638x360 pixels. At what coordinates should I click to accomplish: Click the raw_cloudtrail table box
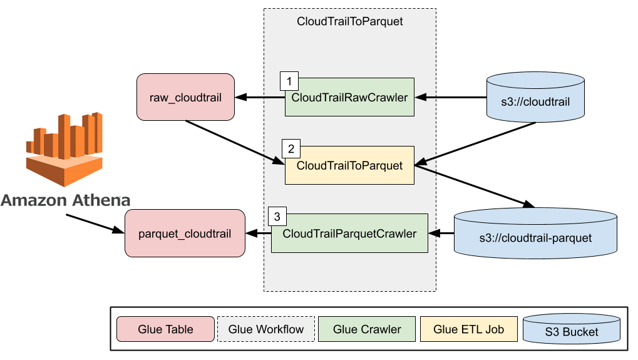click(185, 97)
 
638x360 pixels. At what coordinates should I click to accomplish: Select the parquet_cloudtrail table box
click(185, 234)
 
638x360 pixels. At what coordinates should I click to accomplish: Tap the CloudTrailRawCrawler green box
click(349, 97)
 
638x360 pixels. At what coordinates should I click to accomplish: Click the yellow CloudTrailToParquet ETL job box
click(349, 166)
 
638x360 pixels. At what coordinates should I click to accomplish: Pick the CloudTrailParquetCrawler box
click(349, 234)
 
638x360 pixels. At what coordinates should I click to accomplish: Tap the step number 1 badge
click(289, 81)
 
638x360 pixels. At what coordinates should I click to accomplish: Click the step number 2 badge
click(291, 149)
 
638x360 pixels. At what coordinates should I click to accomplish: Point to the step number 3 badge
click(277, 217)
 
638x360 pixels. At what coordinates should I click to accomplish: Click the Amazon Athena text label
click(65, 200)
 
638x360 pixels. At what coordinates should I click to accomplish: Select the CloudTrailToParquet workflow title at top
click(349, 21)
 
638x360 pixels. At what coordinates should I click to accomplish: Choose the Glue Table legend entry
click(165, 329)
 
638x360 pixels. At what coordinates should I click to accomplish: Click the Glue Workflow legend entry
click(266, 329)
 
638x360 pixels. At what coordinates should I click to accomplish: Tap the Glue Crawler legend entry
click(367, 329)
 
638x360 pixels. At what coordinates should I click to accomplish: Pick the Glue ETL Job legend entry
click(469, 329)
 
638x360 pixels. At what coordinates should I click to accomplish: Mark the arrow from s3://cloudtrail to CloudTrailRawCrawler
click(451, 97)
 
